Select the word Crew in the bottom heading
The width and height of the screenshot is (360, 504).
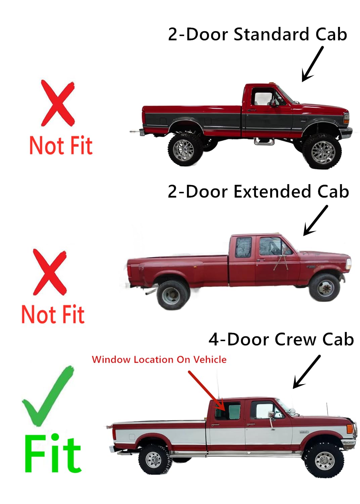(x=296, y=339)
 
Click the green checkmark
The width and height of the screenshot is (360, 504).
(x=47, y=396)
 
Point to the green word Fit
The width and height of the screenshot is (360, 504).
(x=53, y=454)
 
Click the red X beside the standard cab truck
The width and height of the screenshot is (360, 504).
(x=58, y=103)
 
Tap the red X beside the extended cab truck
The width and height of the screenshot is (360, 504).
(x=50, y=272)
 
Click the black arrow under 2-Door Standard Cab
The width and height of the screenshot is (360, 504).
(x=312, y=64)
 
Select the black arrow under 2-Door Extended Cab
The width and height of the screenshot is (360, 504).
(x=315, y=220)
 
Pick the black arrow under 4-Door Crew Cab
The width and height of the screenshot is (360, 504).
(x=307, y=372)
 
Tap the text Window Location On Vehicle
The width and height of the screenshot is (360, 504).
(x=159, y=360)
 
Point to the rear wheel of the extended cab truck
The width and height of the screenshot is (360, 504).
(x=173, y=295)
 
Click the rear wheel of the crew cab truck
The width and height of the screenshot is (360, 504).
(x=154, y=459)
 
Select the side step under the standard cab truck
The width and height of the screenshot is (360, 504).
(x=264, y=141)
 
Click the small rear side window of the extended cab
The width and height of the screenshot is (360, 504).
(x=243, y=247)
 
